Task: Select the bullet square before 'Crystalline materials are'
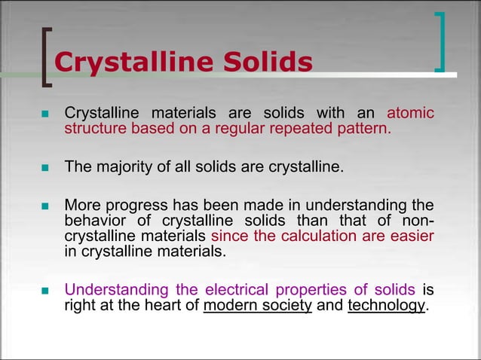pyautogui.click(x=44, y=114)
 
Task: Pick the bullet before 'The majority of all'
pyautogui.click(x=44, y=166)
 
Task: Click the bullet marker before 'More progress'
pyautogui.click(x=44, y=206)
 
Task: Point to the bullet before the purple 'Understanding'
pyautogui.click(x=44, y=291)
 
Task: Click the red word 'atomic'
pyautogui.click(x=410, y=113)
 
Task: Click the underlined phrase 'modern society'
pyautogui.click(x=257, y=306)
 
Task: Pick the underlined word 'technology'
pyautogui.click(x=386, y=306)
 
